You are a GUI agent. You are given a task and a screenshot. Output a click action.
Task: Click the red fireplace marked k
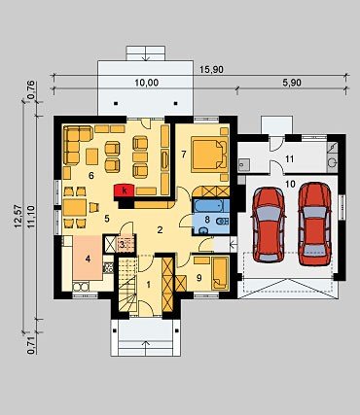click(x=124, y=190)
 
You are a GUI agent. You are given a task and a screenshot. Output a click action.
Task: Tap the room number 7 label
click(x=184, y=155)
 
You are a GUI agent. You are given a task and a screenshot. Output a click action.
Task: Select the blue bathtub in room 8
click(x=211, y=205)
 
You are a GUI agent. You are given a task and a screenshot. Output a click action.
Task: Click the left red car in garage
click(x=270, y=225)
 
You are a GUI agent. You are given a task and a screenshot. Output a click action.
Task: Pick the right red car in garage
click(x=314, y=224)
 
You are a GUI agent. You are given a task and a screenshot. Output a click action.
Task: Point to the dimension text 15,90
click(x=212, y=70)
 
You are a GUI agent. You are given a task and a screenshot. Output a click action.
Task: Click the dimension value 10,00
click(x=147, y=83)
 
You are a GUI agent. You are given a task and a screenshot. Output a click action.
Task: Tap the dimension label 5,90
click(x=292, y=83)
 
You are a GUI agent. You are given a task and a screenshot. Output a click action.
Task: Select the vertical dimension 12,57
click(x=18, y=217)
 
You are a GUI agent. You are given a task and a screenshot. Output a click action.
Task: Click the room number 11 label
click(x=289, y=159)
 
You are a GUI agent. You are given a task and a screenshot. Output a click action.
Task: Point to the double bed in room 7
click(x=210, y=155)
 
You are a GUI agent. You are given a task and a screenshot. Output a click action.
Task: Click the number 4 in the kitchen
click(x=88, y=259)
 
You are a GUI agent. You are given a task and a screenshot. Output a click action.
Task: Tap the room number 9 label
click(x=199, y=277)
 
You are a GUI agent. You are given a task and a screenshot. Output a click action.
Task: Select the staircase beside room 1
click(x=126, y=285)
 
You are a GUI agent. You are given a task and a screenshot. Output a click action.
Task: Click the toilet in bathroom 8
click(x=223, y=222)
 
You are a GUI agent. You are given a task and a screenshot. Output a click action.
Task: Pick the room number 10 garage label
click(x=290, y=185)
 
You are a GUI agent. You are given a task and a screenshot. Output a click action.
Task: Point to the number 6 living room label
click(x=91, y=176)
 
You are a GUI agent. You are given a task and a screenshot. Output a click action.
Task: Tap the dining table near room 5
click(x=75, y=208)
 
